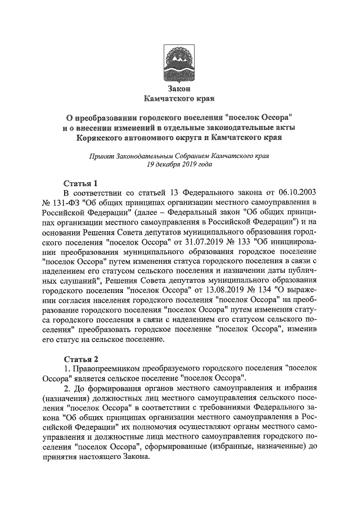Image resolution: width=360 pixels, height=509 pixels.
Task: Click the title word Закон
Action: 180,89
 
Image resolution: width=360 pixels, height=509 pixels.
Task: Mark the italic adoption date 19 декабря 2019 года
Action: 179,165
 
